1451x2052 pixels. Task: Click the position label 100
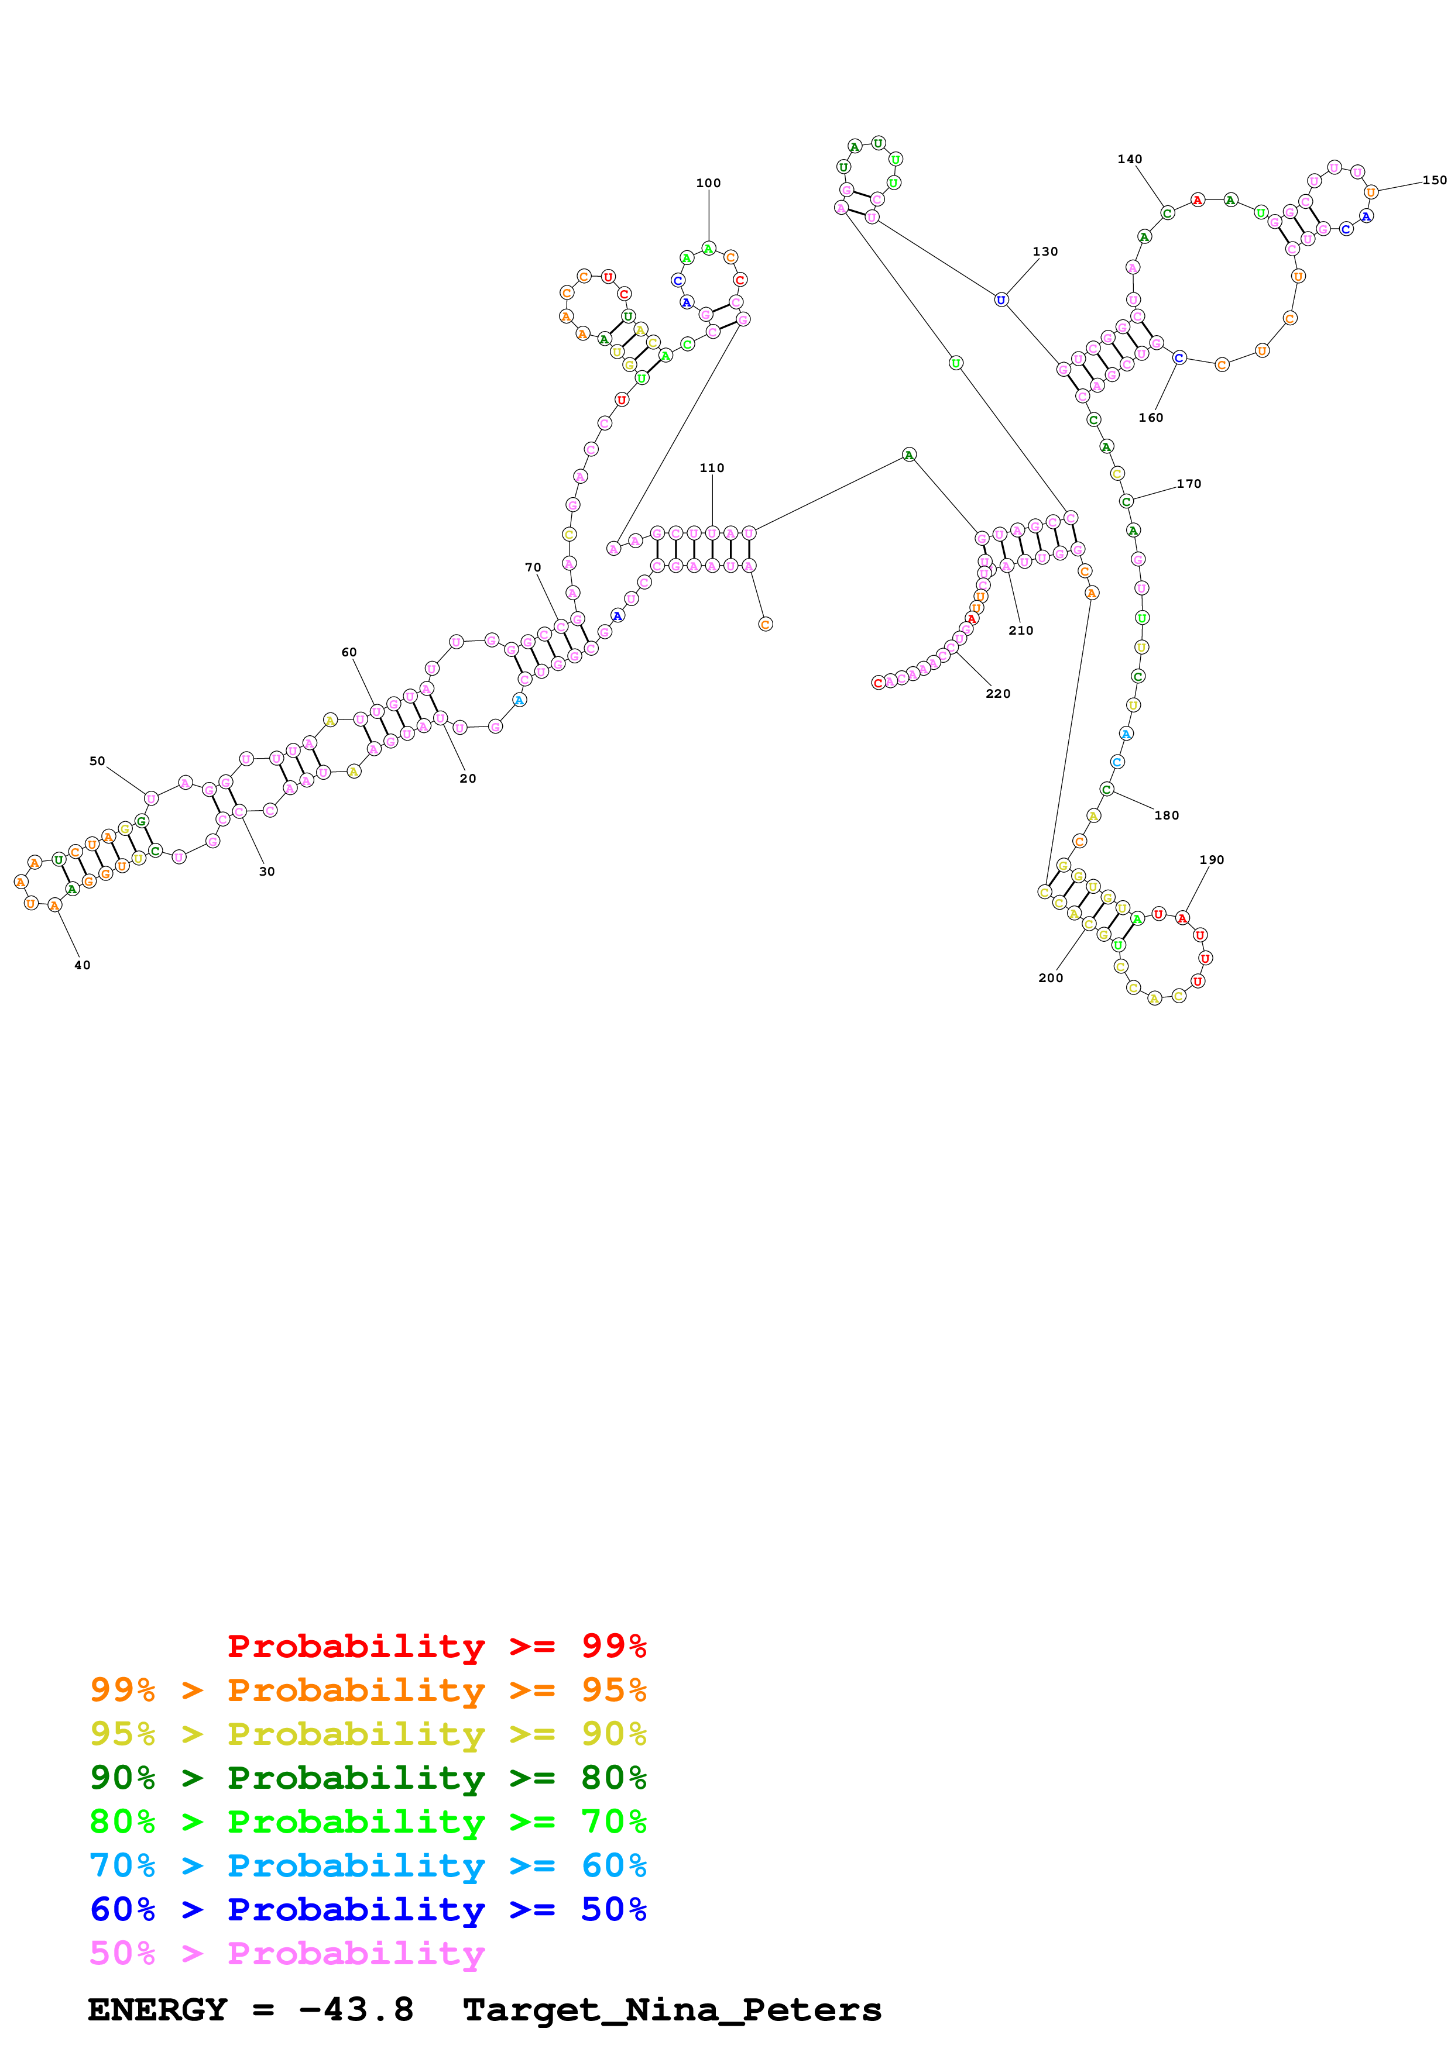(708, 183)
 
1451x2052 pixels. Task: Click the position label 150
(1434, 181)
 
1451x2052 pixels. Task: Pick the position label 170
(1188, 484)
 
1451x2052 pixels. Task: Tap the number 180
(1166, 815)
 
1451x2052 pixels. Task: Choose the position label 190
(1212, 860)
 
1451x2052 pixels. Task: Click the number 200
(1051, 977)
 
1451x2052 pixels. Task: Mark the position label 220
(998, 694)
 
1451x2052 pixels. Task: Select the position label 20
(468, 779)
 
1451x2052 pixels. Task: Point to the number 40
(83, 965)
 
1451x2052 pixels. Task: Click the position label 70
(533, 567)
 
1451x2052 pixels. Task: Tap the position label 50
(97, 762)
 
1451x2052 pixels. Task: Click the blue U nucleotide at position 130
(1001, 299)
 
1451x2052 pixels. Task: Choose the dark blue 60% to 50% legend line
(368, 1909)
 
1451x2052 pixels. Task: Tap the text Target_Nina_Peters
(673, 2010)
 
